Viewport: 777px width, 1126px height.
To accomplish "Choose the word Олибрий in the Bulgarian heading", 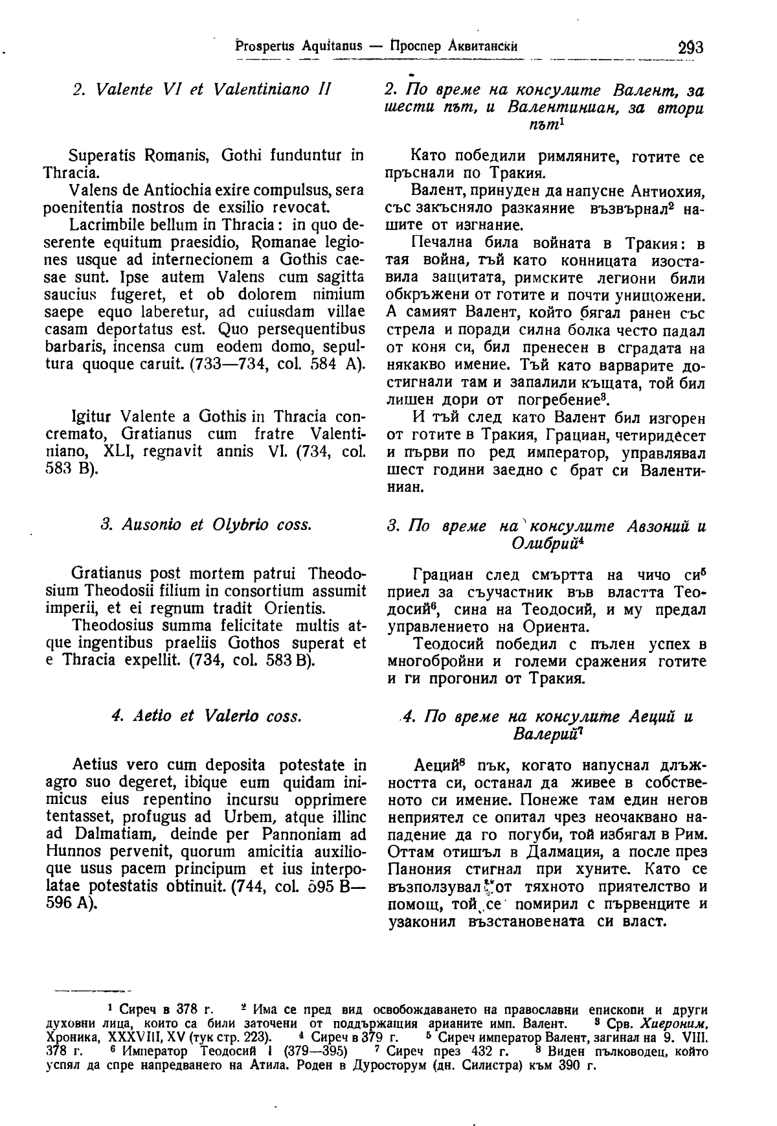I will [537, 542].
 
